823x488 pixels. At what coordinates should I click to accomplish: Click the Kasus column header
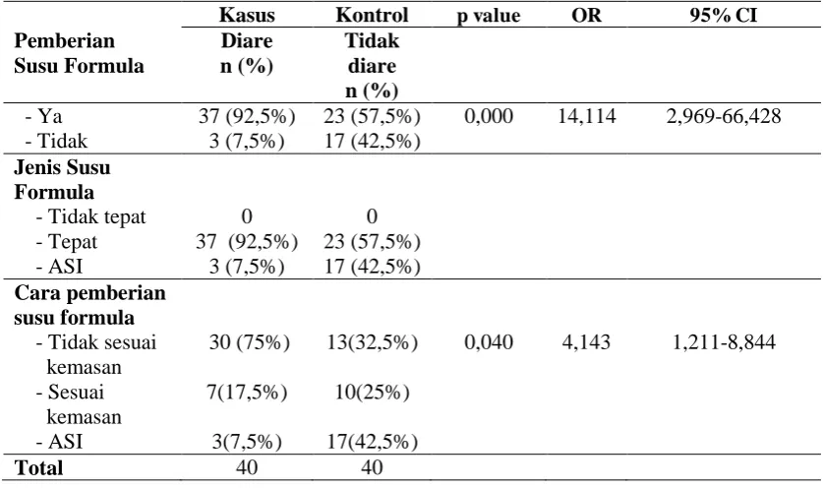coord(247,15)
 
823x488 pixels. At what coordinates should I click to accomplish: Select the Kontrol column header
coord(372,15)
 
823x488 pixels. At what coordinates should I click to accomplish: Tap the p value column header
coord(488,16)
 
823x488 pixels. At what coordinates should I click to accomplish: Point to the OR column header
coord(586,15)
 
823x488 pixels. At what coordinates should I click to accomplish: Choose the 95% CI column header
coord(724,15)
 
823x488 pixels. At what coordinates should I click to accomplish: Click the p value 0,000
coord(489,116)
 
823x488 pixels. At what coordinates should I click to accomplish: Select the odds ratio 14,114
coord(586,116)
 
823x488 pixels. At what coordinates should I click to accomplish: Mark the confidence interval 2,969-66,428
coord(724,116)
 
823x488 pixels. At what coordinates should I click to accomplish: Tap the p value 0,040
coord(489,342)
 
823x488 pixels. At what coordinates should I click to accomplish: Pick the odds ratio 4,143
coord(586,342)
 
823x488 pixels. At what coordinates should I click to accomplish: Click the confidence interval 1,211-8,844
coord(724,342)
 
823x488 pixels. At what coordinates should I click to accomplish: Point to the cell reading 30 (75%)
coord(250,342)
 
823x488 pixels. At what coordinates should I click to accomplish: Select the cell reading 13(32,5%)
coord(372,342)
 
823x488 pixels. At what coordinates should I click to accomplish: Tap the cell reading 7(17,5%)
coord(247,393)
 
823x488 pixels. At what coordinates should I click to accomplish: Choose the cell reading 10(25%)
coord(372,393)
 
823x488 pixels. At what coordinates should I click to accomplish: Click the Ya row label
coord(43,116)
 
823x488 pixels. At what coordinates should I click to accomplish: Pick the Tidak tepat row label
coord(90,217)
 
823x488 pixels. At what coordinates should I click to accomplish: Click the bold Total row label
coord(39,467)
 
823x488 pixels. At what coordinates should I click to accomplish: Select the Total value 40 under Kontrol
coord(372,467)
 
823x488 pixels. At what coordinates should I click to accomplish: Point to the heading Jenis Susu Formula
coord(62,180)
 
